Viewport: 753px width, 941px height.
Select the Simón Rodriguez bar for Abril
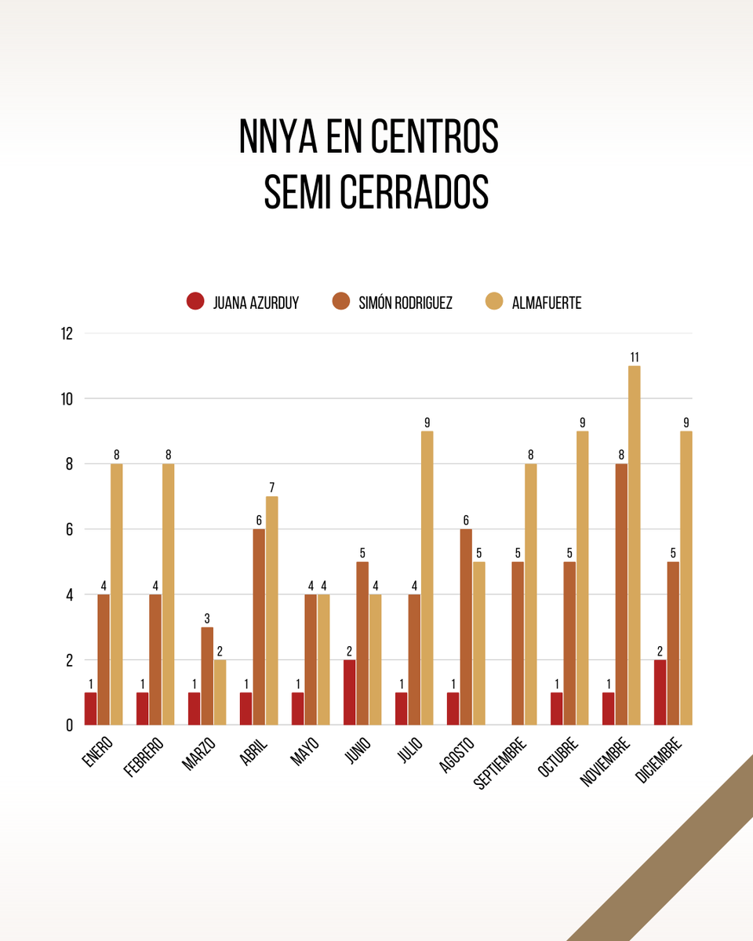click(x=259, y=627)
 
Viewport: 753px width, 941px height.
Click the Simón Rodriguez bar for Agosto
click(x=466, y=627)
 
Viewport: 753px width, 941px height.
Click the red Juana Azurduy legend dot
click(x=195, y=301)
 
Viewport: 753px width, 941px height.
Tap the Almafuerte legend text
click(x=546, y=303)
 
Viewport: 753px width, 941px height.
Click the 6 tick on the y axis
click(x=69, y=529)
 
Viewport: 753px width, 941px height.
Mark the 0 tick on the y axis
click(x=69, y=725)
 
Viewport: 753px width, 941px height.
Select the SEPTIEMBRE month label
click(x=501, y=764)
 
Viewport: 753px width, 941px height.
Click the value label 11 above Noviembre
click(x=634, y=358)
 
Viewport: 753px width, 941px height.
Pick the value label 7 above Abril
click(x=271, y=488)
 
